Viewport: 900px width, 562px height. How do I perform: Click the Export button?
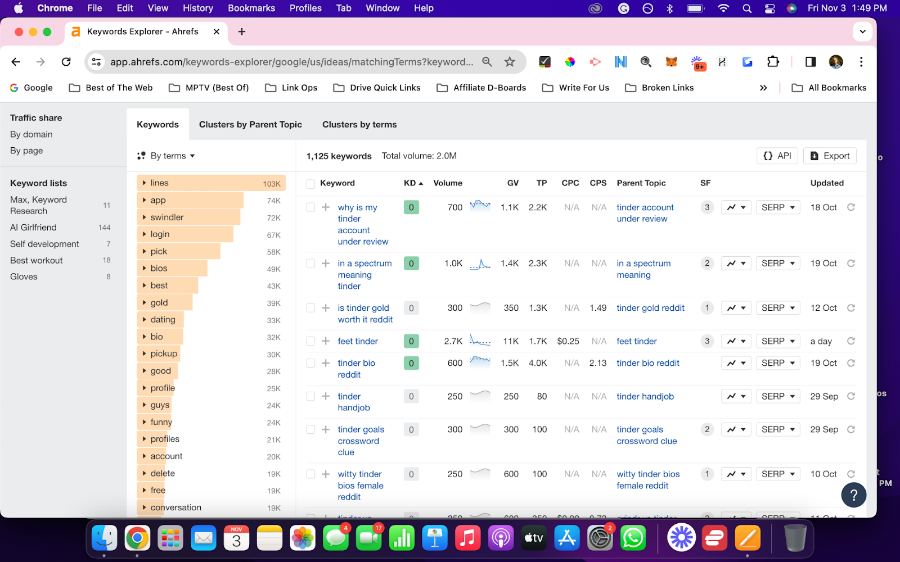coord(830,156)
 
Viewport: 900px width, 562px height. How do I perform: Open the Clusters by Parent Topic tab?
coord(250,124)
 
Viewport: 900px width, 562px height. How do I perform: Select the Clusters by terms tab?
coord(359,124)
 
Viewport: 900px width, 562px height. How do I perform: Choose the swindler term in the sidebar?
coord(167,217)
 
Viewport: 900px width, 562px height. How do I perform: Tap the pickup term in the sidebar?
coord(164,353)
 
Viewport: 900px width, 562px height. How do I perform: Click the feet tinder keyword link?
coord(358,341)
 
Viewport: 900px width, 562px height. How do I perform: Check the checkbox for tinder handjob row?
coord(310,396)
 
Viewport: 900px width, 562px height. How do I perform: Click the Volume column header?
coord(448,183)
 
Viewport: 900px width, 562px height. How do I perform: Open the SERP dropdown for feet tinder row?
coord(777,341)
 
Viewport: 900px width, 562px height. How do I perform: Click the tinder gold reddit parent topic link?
coord(650,308)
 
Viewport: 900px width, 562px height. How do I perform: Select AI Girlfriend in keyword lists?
coord(33,227)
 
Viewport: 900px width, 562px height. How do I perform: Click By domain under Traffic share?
coord(31,134)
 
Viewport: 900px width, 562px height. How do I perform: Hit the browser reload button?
coord(66,62)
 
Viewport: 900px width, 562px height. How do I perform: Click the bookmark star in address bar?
coord(510,62)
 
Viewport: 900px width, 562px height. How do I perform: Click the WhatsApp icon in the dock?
coord(633,538)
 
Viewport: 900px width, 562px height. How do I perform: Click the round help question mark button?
coord(853,495)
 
